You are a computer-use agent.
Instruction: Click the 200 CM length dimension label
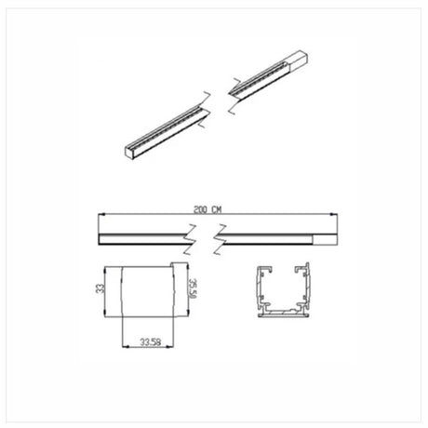[x=214, y=211]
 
